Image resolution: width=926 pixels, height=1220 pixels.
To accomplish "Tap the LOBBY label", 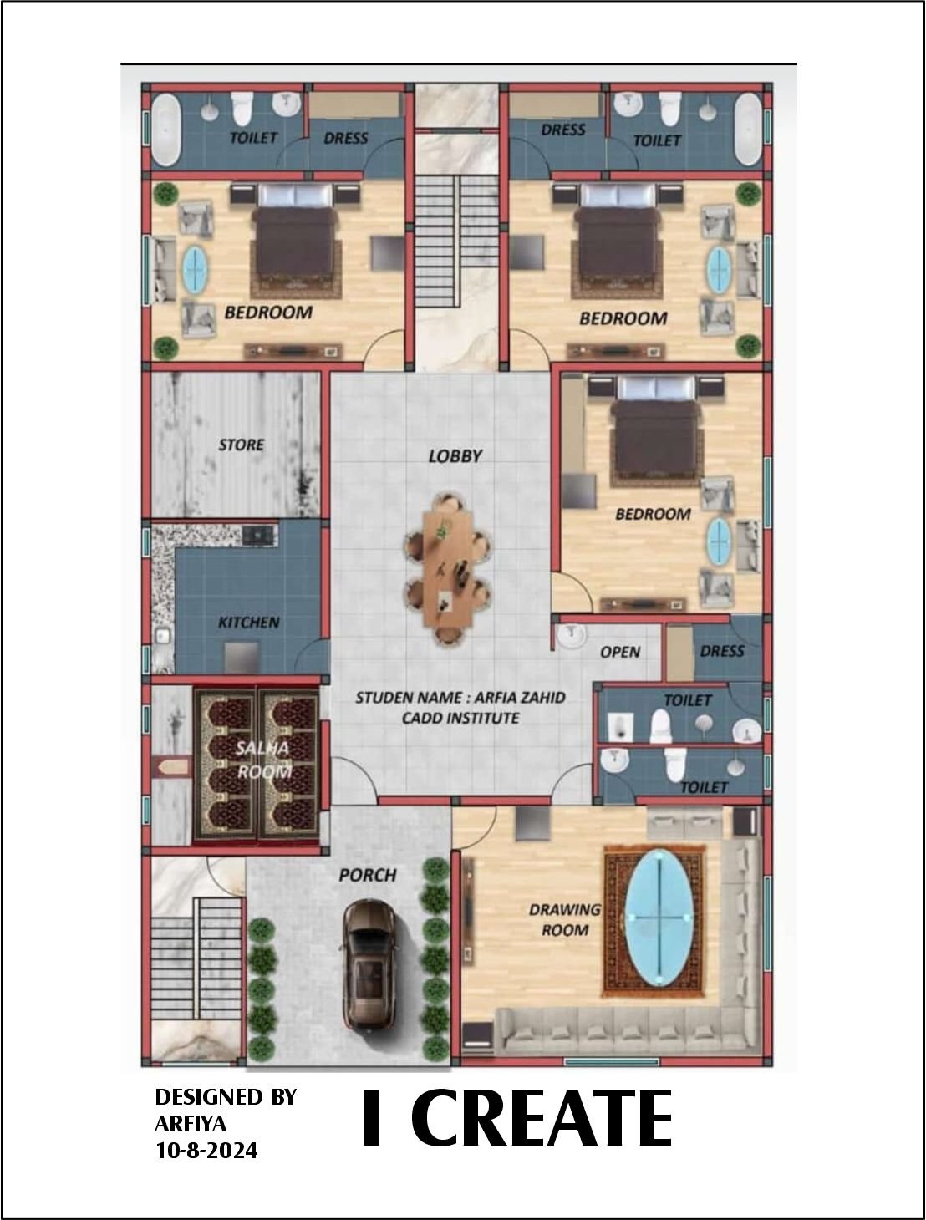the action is (455, 456).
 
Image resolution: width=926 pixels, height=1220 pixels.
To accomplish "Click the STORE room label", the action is (242, 445).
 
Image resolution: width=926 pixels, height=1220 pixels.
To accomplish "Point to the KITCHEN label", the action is (248, 623).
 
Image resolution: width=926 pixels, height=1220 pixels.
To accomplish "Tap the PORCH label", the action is (368, 876).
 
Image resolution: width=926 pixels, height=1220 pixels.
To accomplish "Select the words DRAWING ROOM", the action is (565, 920).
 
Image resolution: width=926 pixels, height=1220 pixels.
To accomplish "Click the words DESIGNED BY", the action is (226, 1097).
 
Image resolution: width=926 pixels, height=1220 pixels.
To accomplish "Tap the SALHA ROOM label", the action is (263, 760).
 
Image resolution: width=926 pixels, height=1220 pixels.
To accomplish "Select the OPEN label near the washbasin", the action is (620, 652).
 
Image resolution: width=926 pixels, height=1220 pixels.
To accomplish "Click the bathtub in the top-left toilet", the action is (166, 130).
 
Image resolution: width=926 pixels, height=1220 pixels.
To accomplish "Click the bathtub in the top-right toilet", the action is (748, 129).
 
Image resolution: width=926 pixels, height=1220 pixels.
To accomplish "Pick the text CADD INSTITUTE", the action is (460, 719).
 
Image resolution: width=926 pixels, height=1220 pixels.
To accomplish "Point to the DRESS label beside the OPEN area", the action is (721, 652).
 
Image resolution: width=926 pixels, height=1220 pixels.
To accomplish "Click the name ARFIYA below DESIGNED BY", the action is (191, 1124).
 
